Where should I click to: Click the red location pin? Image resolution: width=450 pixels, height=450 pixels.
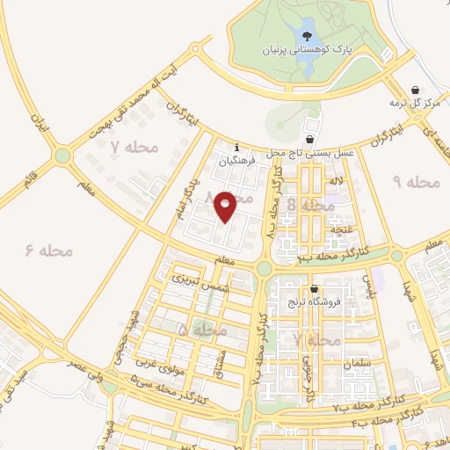[x=225, y=206]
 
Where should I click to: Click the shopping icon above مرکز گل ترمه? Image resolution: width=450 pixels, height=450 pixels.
[x=416, y=90]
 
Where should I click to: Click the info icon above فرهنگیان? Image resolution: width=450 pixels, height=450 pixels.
[x=236, y=147]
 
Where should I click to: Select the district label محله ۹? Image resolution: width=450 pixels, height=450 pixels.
[x=416, y=182]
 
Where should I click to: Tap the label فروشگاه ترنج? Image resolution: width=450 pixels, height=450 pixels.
[x=312, y=302]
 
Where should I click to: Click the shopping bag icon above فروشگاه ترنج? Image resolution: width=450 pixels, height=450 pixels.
[x=314, y=288]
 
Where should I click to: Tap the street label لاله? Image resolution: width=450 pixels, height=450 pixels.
[x=336, y=180]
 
